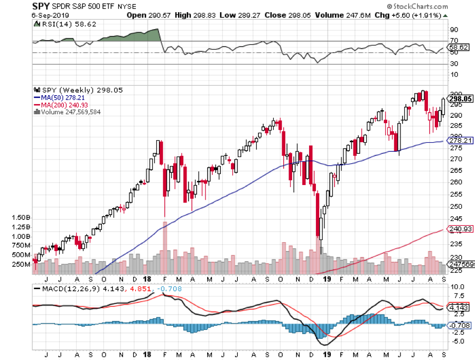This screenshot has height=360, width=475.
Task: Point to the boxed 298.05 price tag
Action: point(458,98)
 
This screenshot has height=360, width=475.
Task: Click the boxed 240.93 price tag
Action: point(458,229)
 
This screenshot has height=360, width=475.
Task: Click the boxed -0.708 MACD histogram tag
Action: point(458,325)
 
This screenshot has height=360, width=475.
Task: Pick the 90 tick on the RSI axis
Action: point(453,30)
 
